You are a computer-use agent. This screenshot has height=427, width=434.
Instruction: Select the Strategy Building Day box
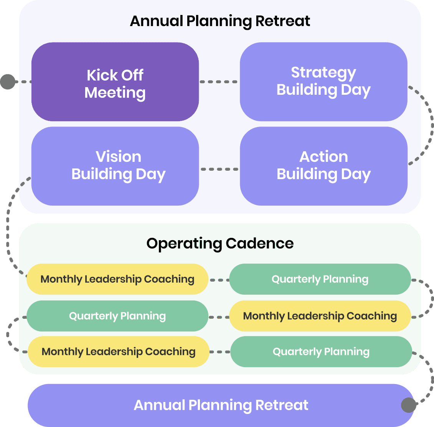(x=323, y=81)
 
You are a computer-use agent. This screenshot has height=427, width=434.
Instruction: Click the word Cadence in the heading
(x=260, y=243)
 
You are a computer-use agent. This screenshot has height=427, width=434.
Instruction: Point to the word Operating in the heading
(x=184, y=243)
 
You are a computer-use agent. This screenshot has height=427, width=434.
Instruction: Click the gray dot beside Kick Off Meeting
(x=8, y=82)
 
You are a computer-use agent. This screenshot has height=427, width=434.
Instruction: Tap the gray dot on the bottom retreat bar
(x=408, y=405)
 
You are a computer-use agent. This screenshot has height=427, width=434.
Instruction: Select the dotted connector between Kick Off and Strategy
(x=219, y=82)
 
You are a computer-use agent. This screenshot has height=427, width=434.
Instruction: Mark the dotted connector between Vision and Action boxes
(x=219, y=169)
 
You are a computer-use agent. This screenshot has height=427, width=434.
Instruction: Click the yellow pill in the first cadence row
(x=117, y=279)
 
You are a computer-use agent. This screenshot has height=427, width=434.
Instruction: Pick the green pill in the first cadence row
(x=320, y=279)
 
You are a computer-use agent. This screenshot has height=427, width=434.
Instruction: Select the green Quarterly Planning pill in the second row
(x=117, y=316)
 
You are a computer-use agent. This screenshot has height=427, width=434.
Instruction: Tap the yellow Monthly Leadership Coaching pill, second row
(x=320, y=316)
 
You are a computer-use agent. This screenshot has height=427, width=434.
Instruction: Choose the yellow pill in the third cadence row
(x=118, y=351)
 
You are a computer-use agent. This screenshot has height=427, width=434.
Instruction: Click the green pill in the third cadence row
(x=321, y=351)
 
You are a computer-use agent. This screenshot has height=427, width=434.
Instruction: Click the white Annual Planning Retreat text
(x=221, y=405)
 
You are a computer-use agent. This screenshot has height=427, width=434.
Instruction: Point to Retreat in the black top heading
(x=283, y=21)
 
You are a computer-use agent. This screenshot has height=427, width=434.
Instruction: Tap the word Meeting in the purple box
(x=115, y=92)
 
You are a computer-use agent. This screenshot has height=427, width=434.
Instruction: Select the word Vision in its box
(x=119, y=157)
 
